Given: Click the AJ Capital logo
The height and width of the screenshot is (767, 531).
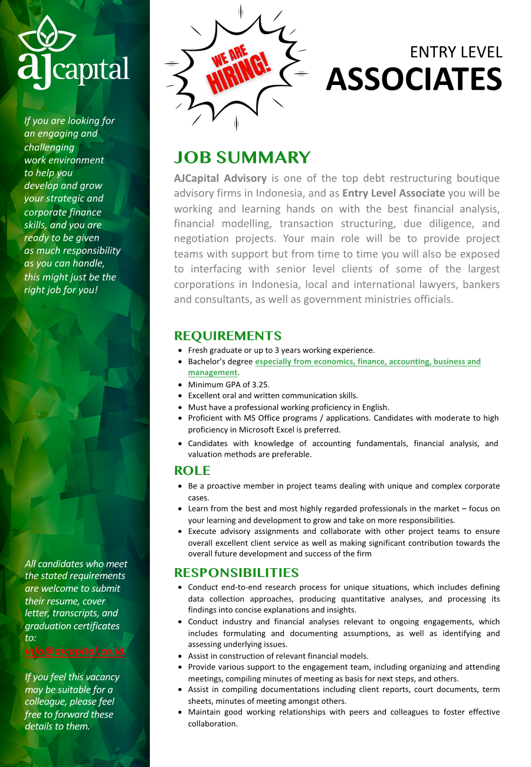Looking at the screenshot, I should click(73, 53).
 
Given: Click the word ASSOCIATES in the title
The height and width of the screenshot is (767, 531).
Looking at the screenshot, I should click(414, 80).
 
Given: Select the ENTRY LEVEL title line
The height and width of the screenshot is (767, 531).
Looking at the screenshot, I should click(456, 52).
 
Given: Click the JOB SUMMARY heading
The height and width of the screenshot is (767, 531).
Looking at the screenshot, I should click(242, 158).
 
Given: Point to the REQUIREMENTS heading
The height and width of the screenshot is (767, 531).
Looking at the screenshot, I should click(228, 336).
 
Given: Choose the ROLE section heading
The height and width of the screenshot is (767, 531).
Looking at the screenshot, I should click(192, 470).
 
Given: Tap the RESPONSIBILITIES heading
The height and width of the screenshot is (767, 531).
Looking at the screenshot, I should click(236, 572).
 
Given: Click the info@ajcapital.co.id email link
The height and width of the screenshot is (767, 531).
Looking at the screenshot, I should click(75, 651).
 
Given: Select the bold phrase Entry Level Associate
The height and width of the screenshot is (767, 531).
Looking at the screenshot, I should click(394, 193).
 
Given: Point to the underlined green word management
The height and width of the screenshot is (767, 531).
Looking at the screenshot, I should click(212, 372).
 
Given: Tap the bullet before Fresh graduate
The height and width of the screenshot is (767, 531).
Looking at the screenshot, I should click(180, 350).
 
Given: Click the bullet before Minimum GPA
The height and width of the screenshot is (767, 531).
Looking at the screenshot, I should click(180, 385).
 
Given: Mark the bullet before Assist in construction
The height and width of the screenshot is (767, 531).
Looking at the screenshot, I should click(180, 656).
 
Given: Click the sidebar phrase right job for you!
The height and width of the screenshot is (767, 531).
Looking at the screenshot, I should click(60, 290).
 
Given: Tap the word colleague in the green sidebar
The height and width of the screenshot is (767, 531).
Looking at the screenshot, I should click(44, 702).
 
